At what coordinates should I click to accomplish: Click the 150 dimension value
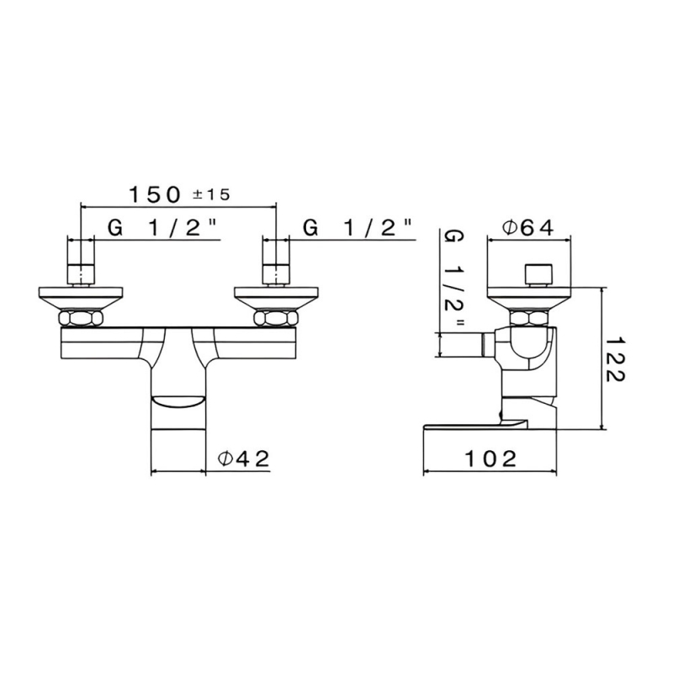pyautogui.click(x=154, y=194)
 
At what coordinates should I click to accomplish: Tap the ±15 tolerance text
pyautogui.click(x=211, y=194)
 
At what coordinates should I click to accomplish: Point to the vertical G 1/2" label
pyautogui.click(x=453, y=277)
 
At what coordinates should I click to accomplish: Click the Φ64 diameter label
pyautogui.click(x=527, y=227)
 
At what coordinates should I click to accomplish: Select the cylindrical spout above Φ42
pyautogui.click(x=178, y=429)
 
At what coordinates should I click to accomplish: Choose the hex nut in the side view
pyautogui.click(x=532, y=318)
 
